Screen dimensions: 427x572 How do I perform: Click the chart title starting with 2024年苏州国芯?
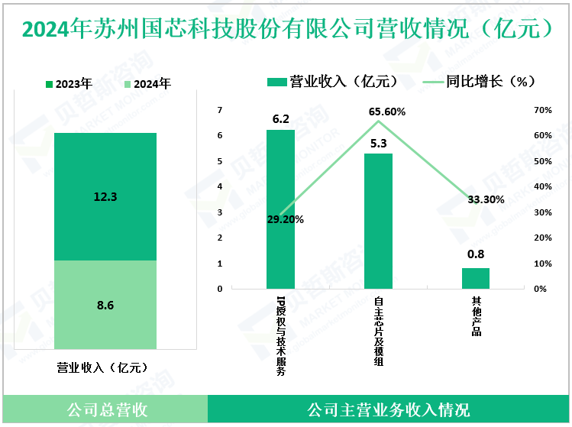point(286,28)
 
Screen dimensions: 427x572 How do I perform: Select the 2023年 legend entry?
point(69,84)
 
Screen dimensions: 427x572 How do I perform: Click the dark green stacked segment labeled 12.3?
point(105,196)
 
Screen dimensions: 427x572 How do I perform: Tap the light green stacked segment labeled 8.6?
point(105,306)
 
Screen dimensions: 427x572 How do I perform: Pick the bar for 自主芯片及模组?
point(378,222)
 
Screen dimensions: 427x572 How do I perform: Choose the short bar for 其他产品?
point(475,278)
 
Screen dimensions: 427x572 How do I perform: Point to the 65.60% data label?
point(387,112)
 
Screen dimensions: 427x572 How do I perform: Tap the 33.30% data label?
point(485,200)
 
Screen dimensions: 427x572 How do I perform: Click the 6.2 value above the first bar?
point(280,119)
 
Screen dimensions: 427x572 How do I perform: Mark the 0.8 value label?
point(476,255)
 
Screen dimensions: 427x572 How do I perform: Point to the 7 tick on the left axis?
point(220,110)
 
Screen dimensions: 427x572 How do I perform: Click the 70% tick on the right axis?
point(542,110)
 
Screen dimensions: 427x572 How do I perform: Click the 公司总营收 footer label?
point(105,410)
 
